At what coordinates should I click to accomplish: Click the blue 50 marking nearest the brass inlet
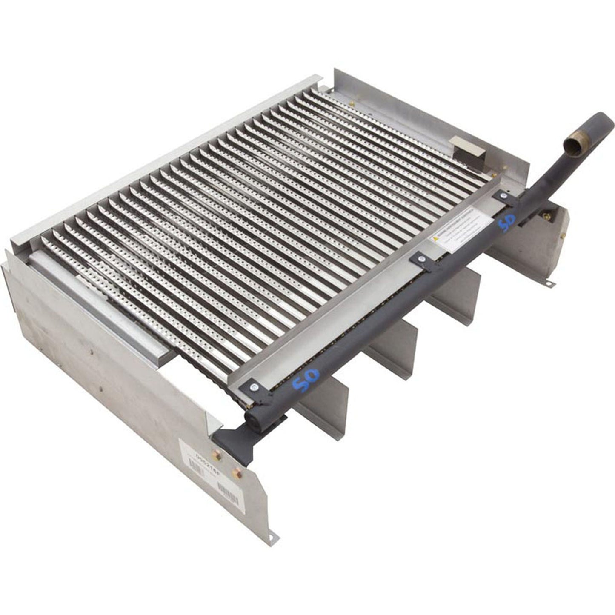[x=507, y=222]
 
